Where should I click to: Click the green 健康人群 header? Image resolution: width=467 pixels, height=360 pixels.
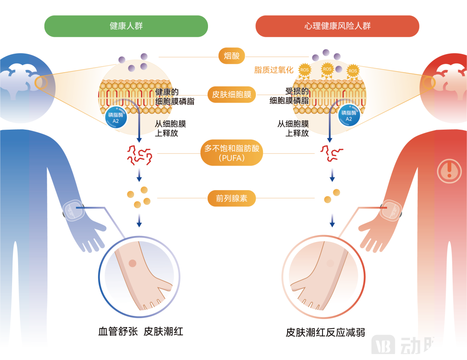(126, 26)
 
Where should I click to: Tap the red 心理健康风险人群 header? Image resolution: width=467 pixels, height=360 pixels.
(337, 26)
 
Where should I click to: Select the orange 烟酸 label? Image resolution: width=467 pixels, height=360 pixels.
(234, 56)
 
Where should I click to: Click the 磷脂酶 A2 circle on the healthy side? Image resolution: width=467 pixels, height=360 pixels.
(115, 118)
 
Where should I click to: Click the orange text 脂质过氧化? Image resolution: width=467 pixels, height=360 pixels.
(273, 70)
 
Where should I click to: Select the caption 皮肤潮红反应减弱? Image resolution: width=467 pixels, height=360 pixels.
(325, 332)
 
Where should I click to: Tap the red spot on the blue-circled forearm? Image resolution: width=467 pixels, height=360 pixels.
(133, 263)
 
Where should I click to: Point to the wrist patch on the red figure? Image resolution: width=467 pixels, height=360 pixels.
(392, 210)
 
